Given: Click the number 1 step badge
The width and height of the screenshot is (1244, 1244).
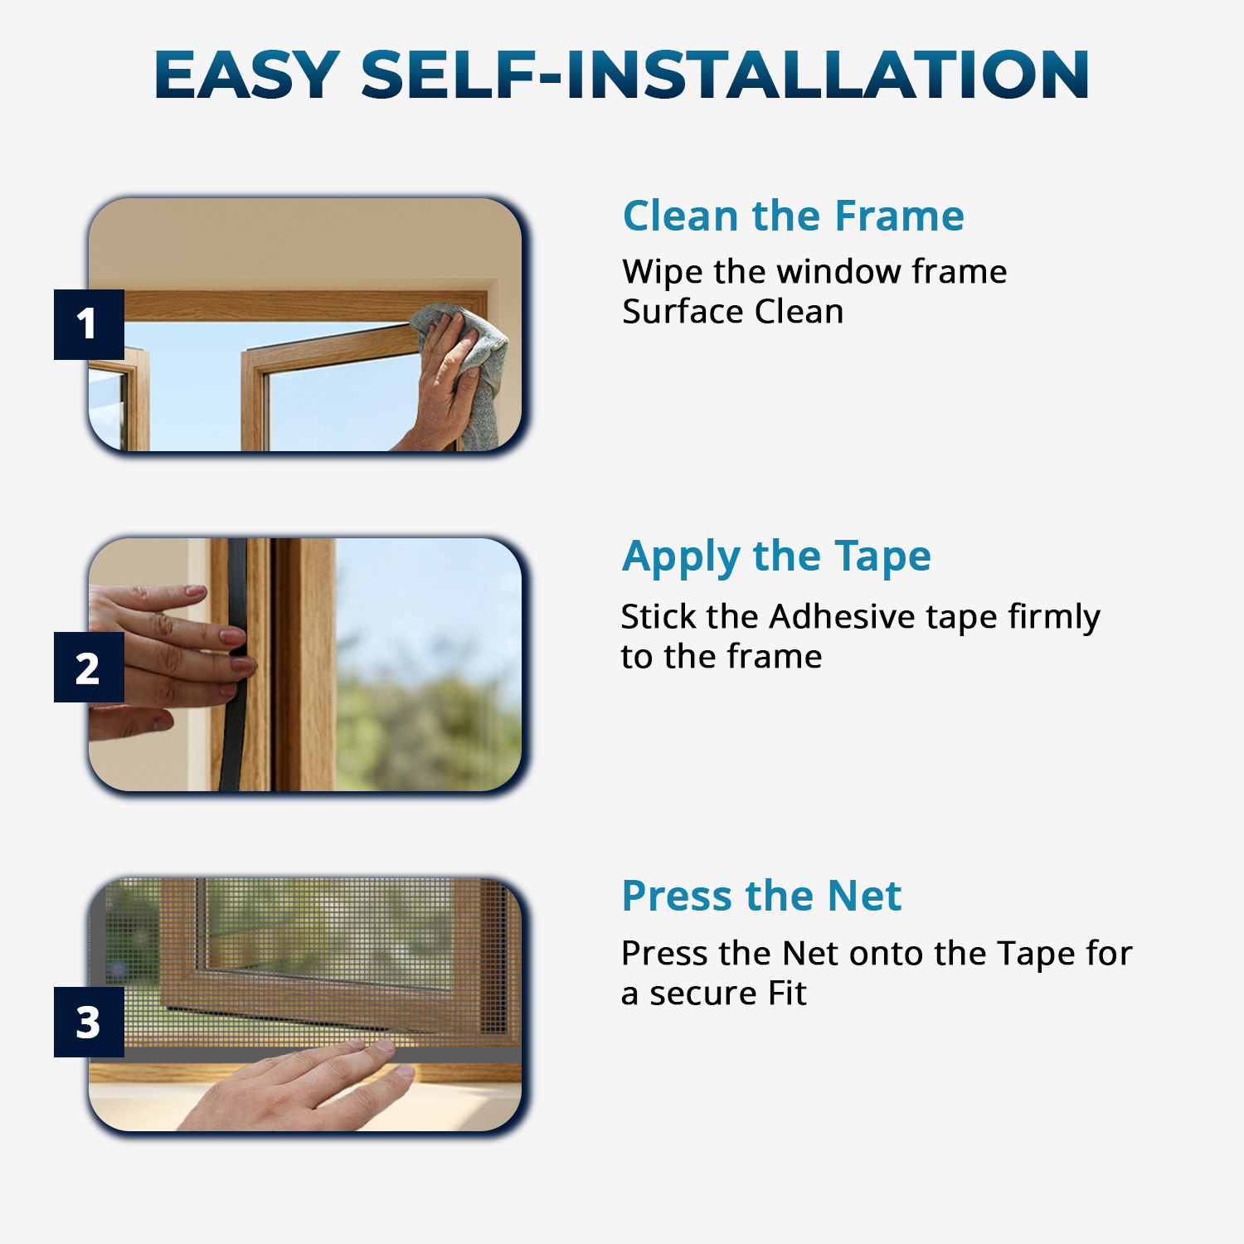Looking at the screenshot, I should tap(89, 324).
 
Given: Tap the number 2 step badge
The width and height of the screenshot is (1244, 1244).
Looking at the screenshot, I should tap(89, 668).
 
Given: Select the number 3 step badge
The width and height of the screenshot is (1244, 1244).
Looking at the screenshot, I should tap(89, 1022).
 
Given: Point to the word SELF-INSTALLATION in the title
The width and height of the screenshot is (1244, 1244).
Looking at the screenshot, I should tap(725, 75).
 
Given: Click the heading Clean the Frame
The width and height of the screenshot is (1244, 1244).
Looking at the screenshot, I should tap(794, 216).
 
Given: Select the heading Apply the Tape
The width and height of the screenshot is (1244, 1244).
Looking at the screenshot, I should tap(776, 556).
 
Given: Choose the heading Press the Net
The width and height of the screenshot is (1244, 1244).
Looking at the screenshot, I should tap(761, 896).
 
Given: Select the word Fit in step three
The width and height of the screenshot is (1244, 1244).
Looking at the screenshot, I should tap(787, 994).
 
